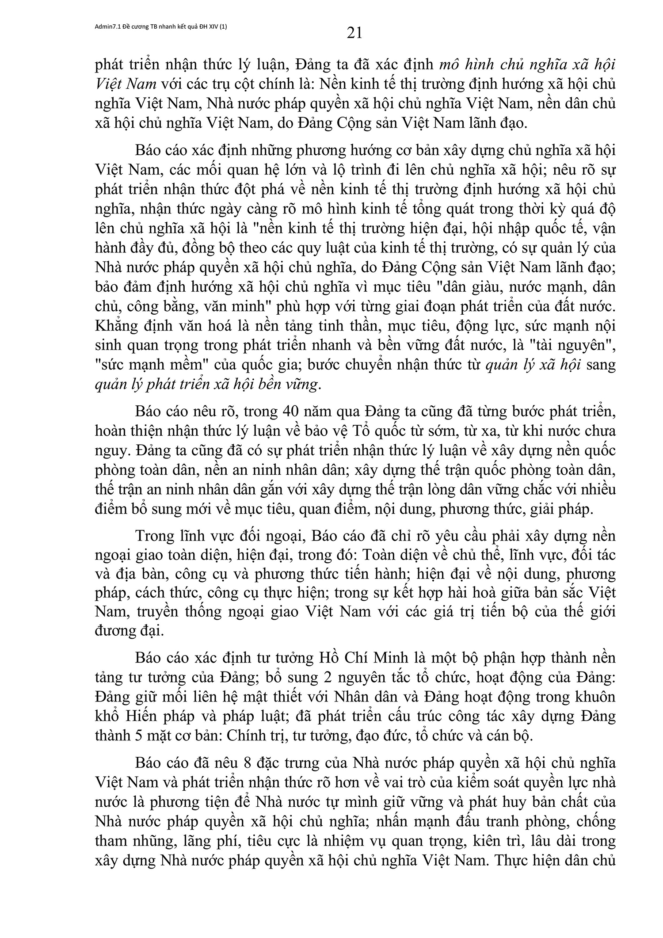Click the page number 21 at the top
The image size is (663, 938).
pyautogui.click(x=355, y=33)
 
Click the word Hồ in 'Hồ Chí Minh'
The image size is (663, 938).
pyautogui.click(x=329, y=658)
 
